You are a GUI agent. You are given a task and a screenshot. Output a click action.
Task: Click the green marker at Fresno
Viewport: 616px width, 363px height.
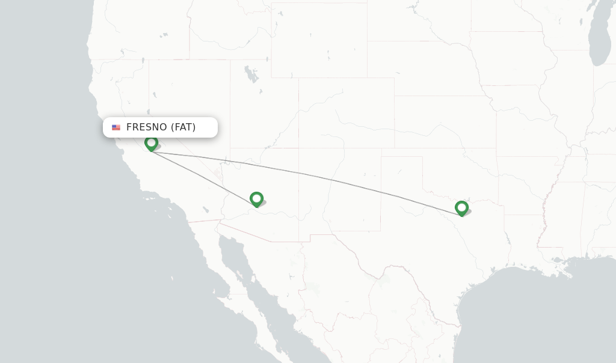151,143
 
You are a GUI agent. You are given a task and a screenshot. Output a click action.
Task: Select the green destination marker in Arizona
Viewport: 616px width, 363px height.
257,198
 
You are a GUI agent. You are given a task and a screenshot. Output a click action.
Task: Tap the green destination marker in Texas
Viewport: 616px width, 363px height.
461,207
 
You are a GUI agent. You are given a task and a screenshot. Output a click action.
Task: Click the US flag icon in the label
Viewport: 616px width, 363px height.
116,127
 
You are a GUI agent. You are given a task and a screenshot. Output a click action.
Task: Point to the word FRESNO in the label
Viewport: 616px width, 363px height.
146,127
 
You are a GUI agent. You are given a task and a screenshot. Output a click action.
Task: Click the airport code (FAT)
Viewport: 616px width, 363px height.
183,127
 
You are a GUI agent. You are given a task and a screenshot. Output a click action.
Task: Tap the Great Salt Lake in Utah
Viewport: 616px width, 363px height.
250,74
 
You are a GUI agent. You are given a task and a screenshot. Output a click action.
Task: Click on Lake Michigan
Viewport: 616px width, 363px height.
599,42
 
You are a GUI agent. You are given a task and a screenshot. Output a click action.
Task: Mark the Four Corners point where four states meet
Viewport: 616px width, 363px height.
299,148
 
